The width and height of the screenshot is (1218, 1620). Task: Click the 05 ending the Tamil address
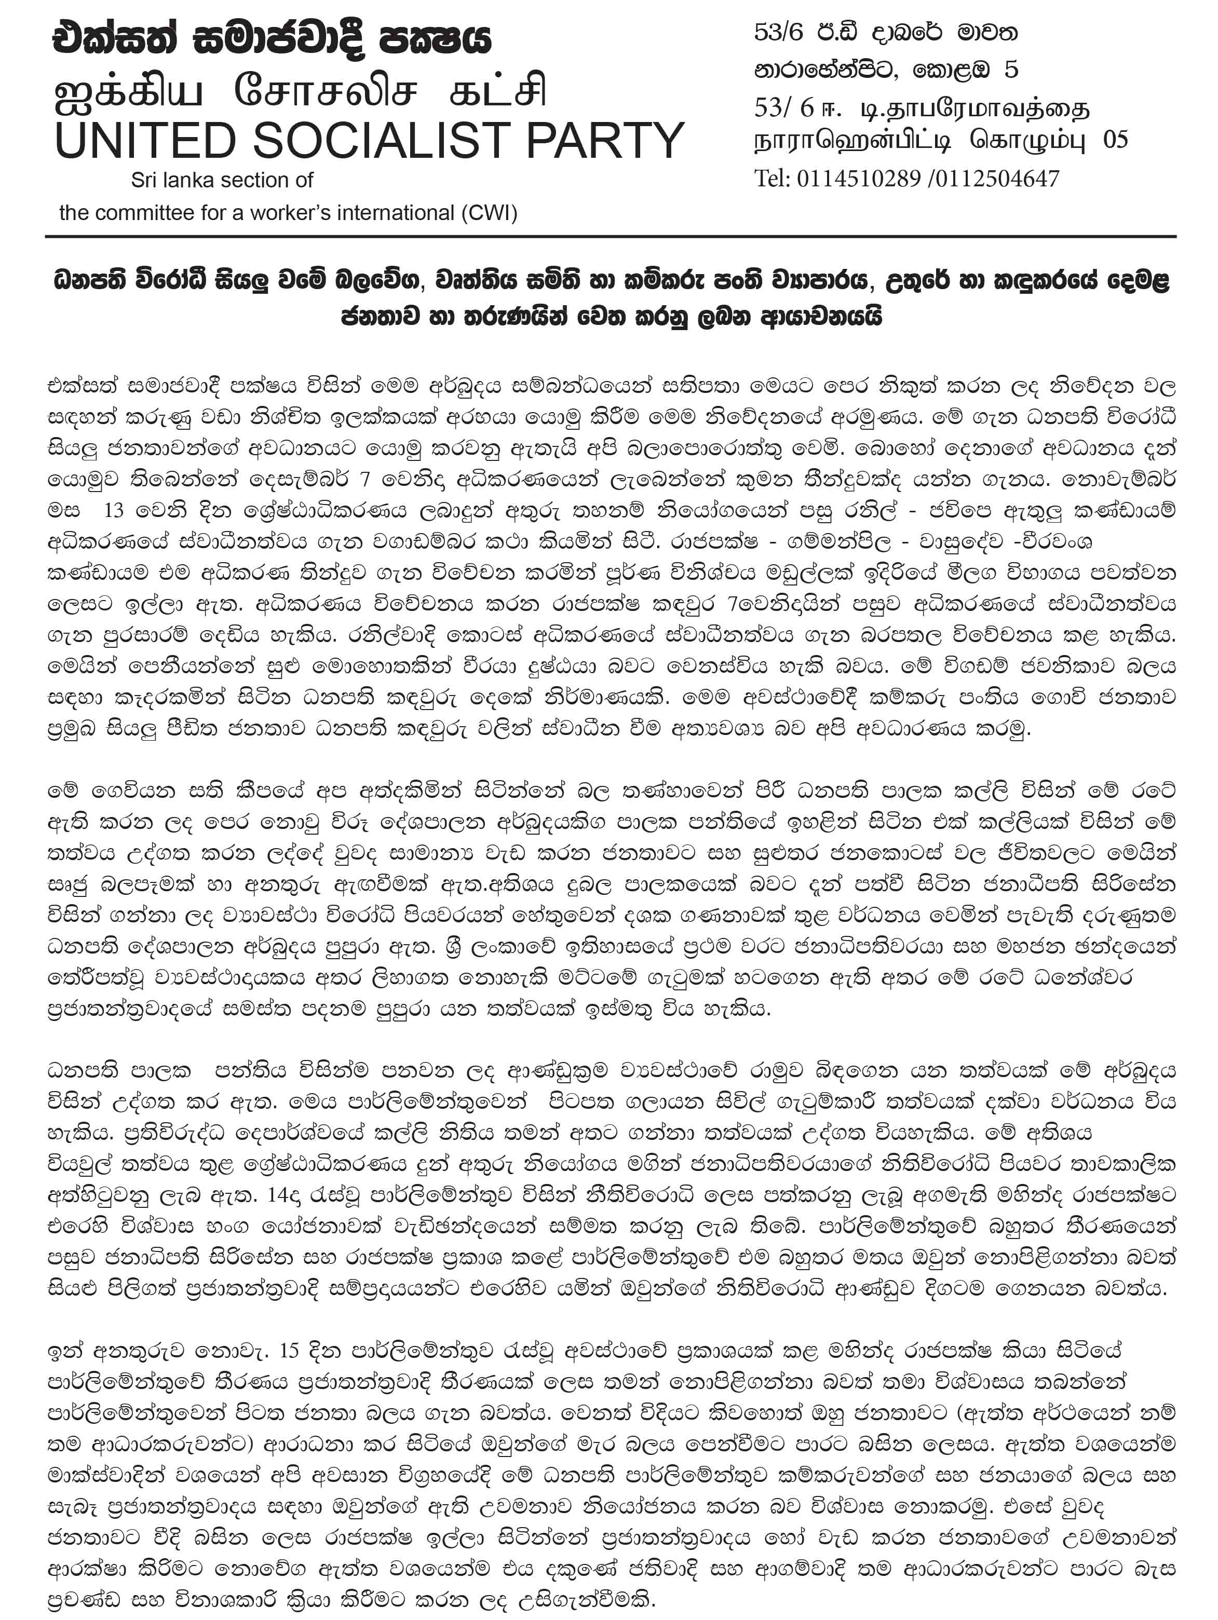point(1116,140)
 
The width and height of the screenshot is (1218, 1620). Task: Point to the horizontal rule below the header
point(610,237)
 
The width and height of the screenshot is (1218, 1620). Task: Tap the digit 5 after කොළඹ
point(1011,70)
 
